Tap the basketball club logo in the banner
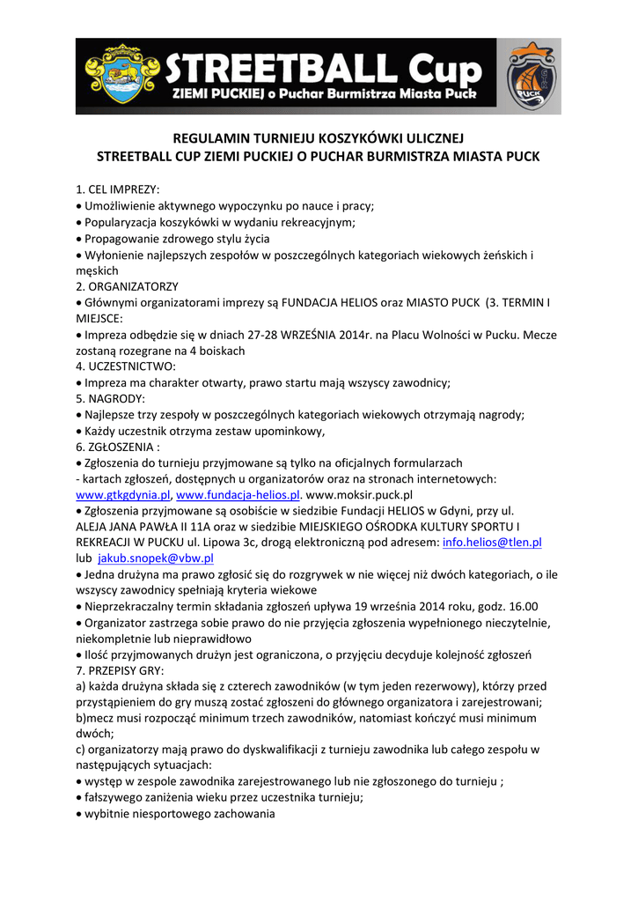[x=529, y=77]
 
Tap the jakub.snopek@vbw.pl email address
[x=155, y=558]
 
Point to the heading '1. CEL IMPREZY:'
[x=118, y=189]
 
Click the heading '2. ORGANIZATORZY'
[x=128, y=286]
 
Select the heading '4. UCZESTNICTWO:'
[x=126, y=366]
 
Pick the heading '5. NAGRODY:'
[x=110, y=398]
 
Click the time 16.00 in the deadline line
[x=522, y=607]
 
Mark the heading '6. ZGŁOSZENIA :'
[x=119, y=447]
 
